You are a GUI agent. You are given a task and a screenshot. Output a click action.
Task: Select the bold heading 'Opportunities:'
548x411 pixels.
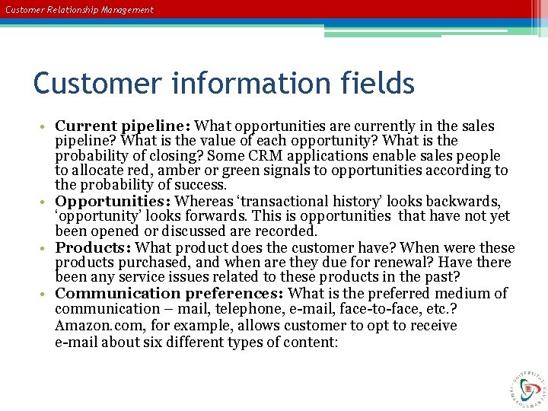tap(115, 202)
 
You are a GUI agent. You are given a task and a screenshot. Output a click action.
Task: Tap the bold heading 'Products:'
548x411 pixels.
tap(94, 248)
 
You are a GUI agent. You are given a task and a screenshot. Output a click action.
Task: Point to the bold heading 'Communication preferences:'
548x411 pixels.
tap(170, 294)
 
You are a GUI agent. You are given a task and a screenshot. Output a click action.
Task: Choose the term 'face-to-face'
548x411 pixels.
tap(358, 309)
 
